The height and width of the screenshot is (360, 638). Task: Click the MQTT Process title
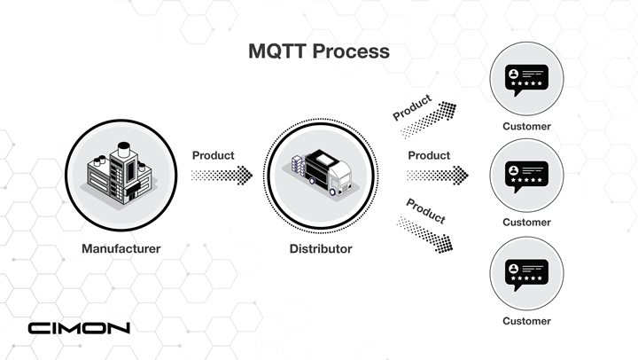coord(319,51)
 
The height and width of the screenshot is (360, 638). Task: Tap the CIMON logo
coord(79,328)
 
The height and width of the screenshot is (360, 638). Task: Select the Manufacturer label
coord(121,249)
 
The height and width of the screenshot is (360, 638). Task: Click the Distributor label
coord(321,249)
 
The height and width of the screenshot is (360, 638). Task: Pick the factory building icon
coord(121,175)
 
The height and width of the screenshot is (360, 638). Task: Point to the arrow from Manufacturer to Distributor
coord(222,176)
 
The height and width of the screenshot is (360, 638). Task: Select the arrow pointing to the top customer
coord(428,120)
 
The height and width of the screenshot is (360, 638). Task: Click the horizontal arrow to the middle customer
coord(438,176)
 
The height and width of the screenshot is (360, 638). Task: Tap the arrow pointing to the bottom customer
coord(424,235)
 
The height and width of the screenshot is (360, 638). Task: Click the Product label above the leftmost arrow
coord(214,155)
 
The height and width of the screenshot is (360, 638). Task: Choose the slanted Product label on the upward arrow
coord(412,107)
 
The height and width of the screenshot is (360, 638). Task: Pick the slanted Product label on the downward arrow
coord(426,211)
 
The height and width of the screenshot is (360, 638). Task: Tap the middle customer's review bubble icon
coord(526,176)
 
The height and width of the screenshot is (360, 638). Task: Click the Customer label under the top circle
coord(526,127)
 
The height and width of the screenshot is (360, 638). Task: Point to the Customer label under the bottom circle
coord(526,321)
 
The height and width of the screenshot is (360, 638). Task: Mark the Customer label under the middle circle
coord(526,223)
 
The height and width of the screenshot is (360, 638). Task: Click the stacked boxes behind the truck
coord(298,166)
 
